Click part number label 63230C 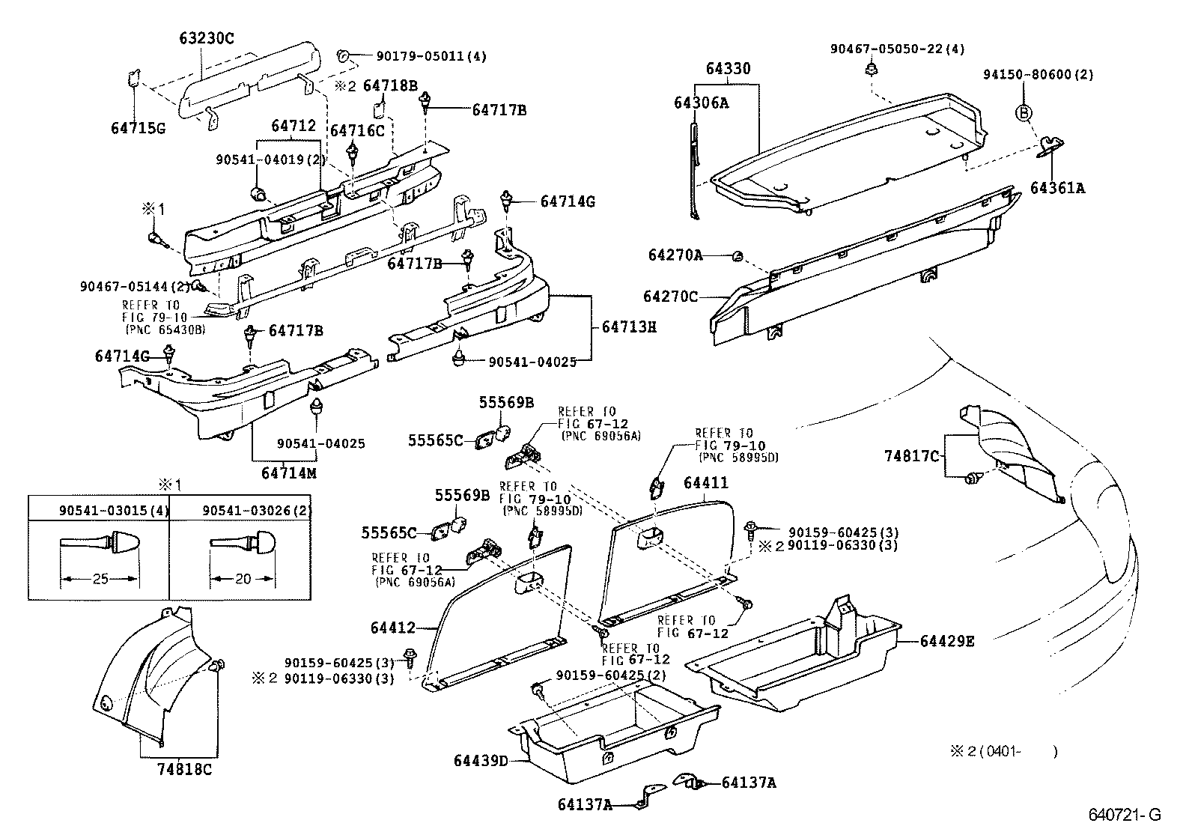[x=206, y=38]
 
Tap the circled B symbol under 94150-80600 [x=1023, y=113]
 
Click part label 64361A [x=1056, y=188]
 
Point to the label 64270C [x=670, y=297]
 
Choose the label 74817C [x=910, y=455]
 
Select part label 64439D [x=481, y=761]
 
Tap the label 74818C [x=184, y=769]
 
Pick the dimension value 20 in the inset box [x=243, y=579]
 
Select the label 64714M [x=289, y=473]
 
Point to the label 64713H [x=629, y=327]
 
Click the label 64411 [x=705, y=483]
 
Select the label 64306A [x=700, y=103]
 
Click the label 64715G [x=138, y=128]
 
